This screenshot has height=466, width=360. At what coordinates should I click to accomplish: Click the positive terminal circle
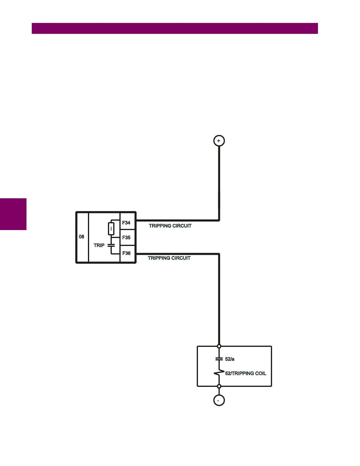219,141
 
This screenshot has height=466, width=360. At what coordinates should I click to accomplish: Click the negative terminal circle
219,400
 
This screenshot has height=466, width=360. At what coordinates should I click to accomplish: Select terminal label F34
126,223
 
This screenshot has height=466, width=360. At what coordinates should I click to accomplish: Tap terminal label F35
126,237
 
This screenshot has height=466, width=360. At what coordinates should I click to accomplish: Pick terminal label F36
126,253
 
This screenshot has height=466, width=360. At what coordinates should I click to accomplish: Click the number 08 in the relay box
81,237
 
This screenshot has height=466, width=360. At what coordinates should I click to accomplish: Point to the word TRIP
99,245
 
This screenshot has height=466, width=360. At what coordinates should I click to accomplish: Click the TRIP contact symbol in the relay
111,245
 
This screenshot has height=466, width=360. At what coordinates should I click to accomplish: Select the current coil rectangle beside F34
111,229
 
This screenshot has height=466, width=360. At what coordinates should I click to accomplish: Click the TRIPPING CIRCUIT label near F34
170,226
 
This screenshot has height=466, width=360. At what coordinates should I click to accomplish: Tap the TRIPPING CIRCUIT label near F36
169,258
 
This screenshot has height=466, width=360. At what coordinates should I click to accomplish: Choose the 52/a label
230,359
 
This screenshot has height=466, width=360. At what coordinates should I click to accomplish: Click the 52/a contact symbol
219,359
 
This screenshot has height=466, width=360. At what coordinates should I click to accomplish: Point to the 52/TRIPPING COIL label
246,373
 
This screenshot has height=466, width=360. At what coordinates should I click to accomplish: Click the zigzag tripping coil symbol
219,373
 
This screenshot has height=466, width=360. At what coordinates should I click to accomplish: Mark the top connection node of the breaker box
219,346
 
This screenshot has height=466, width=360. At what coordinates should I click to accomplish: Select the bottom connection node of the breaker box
219,386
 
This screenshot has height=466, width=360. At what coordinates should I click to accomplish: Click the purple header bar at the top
175,28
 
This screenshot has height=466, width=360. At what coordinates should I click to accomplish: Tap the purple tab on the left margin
13,214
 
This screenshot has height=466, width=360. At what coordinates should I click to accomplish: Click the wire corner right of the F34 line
219,220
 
